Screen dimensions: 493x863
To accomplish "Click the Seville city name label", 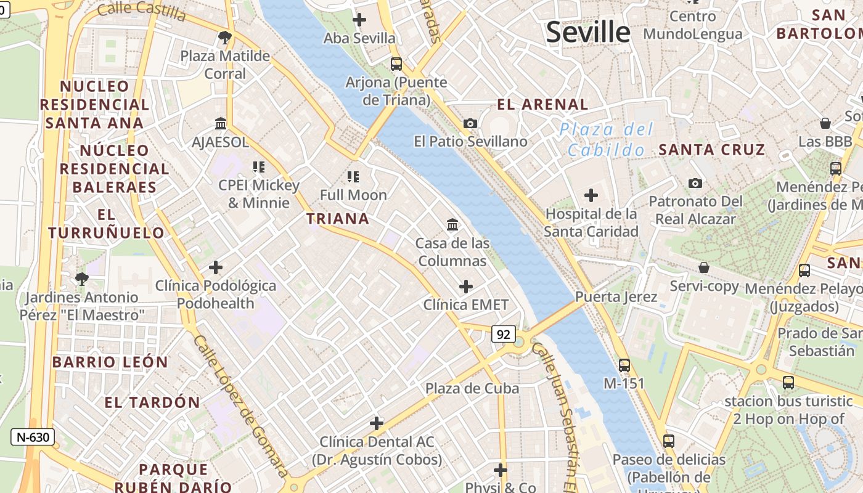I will (588, 32).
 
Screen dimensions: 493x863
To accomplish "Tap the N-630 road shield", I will (33, 438).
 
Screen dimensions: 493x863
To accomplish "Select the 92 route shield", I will (503, 334).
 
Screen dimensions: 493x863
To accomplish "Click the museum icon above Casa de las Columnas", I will (452, 225).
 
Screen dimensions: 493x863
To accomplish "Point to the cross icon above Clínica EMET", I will (466, 287).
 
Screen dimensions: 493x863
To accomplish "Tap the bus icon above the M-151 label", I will (624, 365).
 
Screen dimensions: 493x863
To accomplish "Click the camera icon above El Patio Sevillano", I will (470, 124).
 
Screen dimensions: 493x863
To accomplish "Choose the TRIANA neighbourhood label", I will (338, 219).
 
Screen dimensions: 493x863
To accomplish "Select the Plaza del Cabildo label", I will (606, 139).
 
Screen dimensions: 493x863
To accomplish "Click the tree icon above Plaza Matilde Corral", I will (224, 38).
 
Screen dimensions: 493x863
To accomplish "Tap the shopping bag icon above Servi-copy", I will (703, 268).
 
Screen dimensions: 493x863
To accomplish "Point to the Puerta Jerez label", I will (616, 296).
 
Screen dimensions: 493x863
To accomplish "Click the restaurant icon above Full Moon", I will (353, 177).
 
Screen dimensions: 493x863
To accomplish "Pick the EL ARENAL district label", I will (542, 104).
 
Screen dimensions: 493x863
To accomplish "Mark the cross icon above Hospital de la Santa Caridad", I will (591, 196).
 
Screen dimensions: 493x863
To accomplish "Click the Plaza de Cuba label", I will (472, 388).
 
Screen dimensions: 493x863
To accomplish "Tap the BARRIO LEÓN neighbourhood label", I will (110, 362).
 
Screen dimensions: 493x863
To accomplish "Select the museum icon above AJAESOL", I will (220, 124).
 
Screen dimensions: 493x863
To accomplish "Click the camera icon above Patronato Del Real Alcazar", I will (695, 183).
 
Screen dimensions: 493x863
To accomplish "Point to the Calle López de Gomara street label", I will (240, 407).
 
